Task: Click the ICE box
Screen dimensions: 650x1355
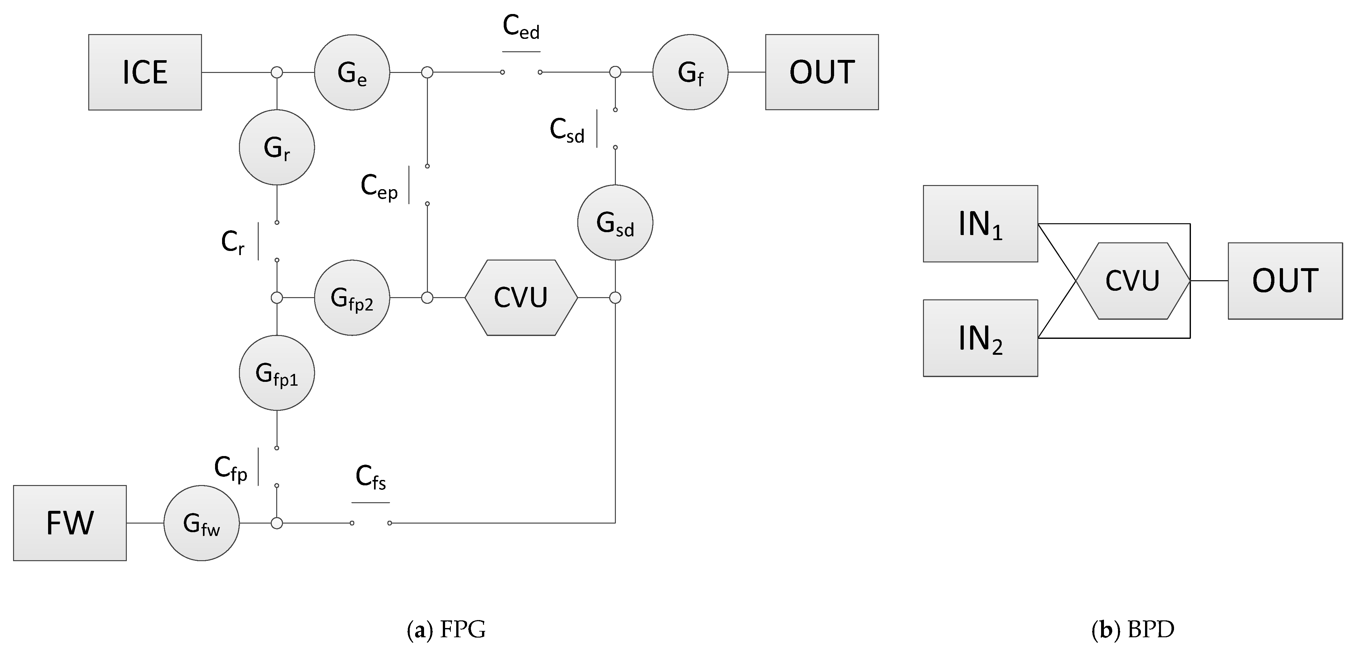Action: [145, 72]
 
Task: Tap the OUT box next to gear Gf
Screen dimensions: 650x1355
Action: [822, 72]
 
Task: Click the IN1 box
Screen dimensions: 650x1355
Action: [980, 224]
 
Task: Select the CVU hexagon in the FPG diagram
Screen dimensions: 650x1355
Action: [521, 298]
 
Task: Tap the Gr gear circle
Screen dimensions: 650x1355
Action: [277, 147]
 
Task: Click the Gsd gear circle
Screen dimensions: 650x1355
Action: [615, 222]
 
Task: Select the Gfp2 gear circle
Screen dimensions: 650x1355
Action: [352, 298]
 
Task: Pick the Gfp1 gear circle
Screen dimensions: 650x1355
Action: [277, 373]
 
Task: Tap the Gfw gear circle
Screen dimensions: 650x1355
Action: [201, 523]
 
